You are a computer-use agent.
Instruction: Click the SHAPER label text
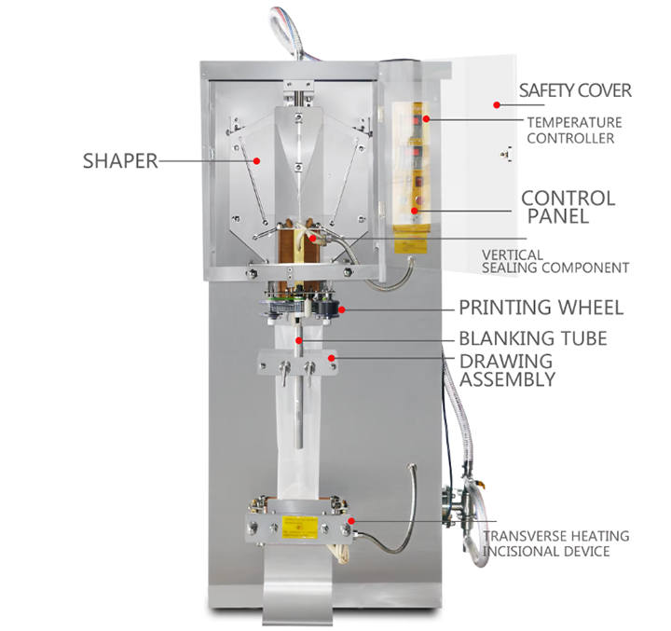(x=119, y=160)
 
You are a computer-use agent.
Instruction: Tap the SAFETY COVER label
(x=575, y=90)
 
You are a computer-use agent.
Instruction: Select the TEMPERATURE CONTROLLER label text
(x=574, y=130)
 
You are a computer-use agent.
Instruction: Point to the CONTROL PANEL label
(x=568, y=207)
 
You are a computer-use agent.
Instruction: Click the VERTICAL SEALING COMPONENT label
(x=555, y=261)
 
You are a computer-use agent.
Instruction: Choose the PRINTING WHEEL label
(x=541, y=308)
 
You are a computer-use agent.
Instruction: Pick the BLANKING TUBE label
(x=532, y=338)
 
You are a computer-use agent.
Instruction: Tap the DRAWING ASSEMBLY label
(x=507, y=370)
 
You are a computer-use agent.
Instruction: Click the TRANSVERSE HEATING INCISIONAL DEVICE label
(x=555, y=543)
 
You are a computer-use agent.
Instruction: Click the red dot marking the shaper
(x=258, y=159)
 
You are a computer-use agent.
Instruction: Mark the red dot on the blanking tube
(x=298, y=341)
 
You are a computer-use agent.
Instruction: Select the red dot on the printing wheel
(x=342, y=308)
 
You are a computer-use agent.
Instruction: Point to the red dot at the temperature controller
(x=427, y=118)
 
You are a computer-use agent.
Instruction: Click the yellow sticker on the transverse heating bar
(x=297, y=525)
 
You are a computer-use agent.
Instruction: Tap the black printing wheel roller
(x=326, y=309)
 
